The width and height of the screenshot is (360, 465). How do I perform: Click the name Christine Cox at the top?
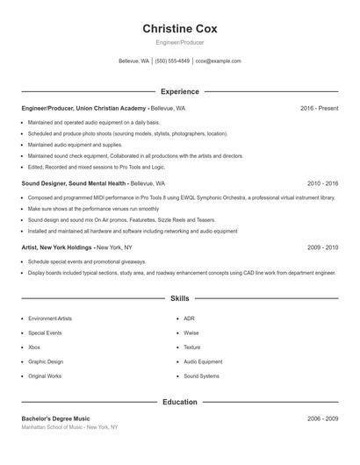(180, 28)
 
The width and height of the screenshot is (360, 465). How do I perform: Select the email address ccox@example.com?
(218, 61)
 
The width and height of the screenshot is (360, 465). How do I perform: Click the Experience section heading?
(180, 91)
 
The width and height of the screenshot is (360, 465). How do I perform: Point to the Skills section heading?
(180, 298)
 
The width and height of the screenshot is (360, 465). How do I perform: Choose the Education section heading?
(180, 402)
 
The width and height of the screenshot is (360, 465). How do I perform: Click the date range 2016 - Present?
(319, 108)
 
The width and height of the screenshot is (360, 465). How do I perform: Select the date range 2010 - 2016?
(323, 183)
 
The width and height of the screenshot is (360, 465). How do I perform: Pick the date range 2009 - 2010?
(323, 247)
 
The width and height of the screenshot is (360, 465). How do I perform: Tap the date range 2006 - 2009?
(323, 418)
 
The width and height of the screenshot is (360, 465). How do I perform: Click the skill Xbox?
(35, 347)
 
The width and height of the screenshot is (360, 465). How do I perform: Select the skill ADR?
(189, 318)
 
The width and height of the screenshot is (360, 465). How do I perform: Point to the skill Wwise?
(191, 333)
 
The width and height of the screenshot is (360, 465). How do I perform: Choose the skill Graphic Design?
(46, 361)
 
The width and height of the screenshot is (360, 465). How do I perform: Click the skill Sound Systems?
(201, 376)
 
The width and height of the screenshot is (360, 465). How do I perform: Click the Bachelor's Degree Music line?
(55, 418)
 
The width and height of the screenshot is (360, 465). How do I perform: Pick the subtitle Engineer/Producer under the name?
(180, 42)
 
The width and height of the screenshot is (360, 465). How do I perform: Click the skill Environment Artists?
(50, 318)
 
